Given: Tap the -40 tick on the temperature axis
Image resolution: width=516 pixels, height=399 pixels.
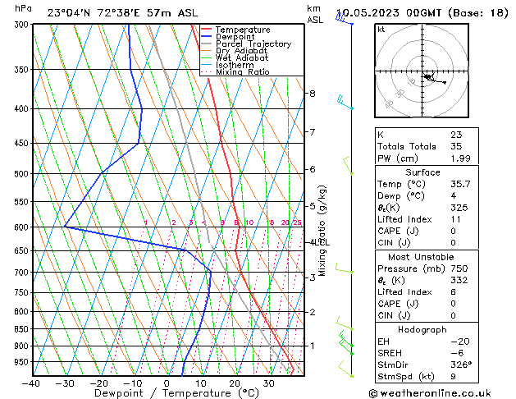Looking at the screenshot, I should [31, 383].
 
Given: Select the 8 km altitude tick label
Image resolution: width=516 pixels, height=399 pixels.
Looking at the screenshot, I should [312, 94].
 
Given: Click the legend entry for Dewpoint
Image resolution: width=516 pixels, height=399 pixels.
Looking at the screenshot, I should [237, 37].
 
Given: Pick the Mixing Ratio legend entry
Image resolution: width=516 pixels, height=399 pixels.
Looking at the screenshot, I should [242, 72].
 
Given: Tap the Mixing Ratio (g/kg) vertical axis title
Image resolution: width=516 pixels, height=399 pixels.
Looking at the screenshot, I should [322, 231].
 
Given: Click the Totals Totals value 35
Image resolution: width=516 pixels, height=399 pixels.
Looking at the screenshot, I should [456, 146].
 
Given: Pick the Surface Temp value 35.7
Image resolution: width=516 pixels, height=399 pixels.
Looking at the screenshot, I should [459, 185].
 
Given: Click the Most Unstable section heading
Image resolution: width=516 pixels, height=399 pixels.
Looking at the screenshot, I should [422, 257].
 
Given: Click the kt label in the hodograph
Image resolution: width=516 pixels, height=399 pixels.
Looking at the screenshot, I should [381, 30].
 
